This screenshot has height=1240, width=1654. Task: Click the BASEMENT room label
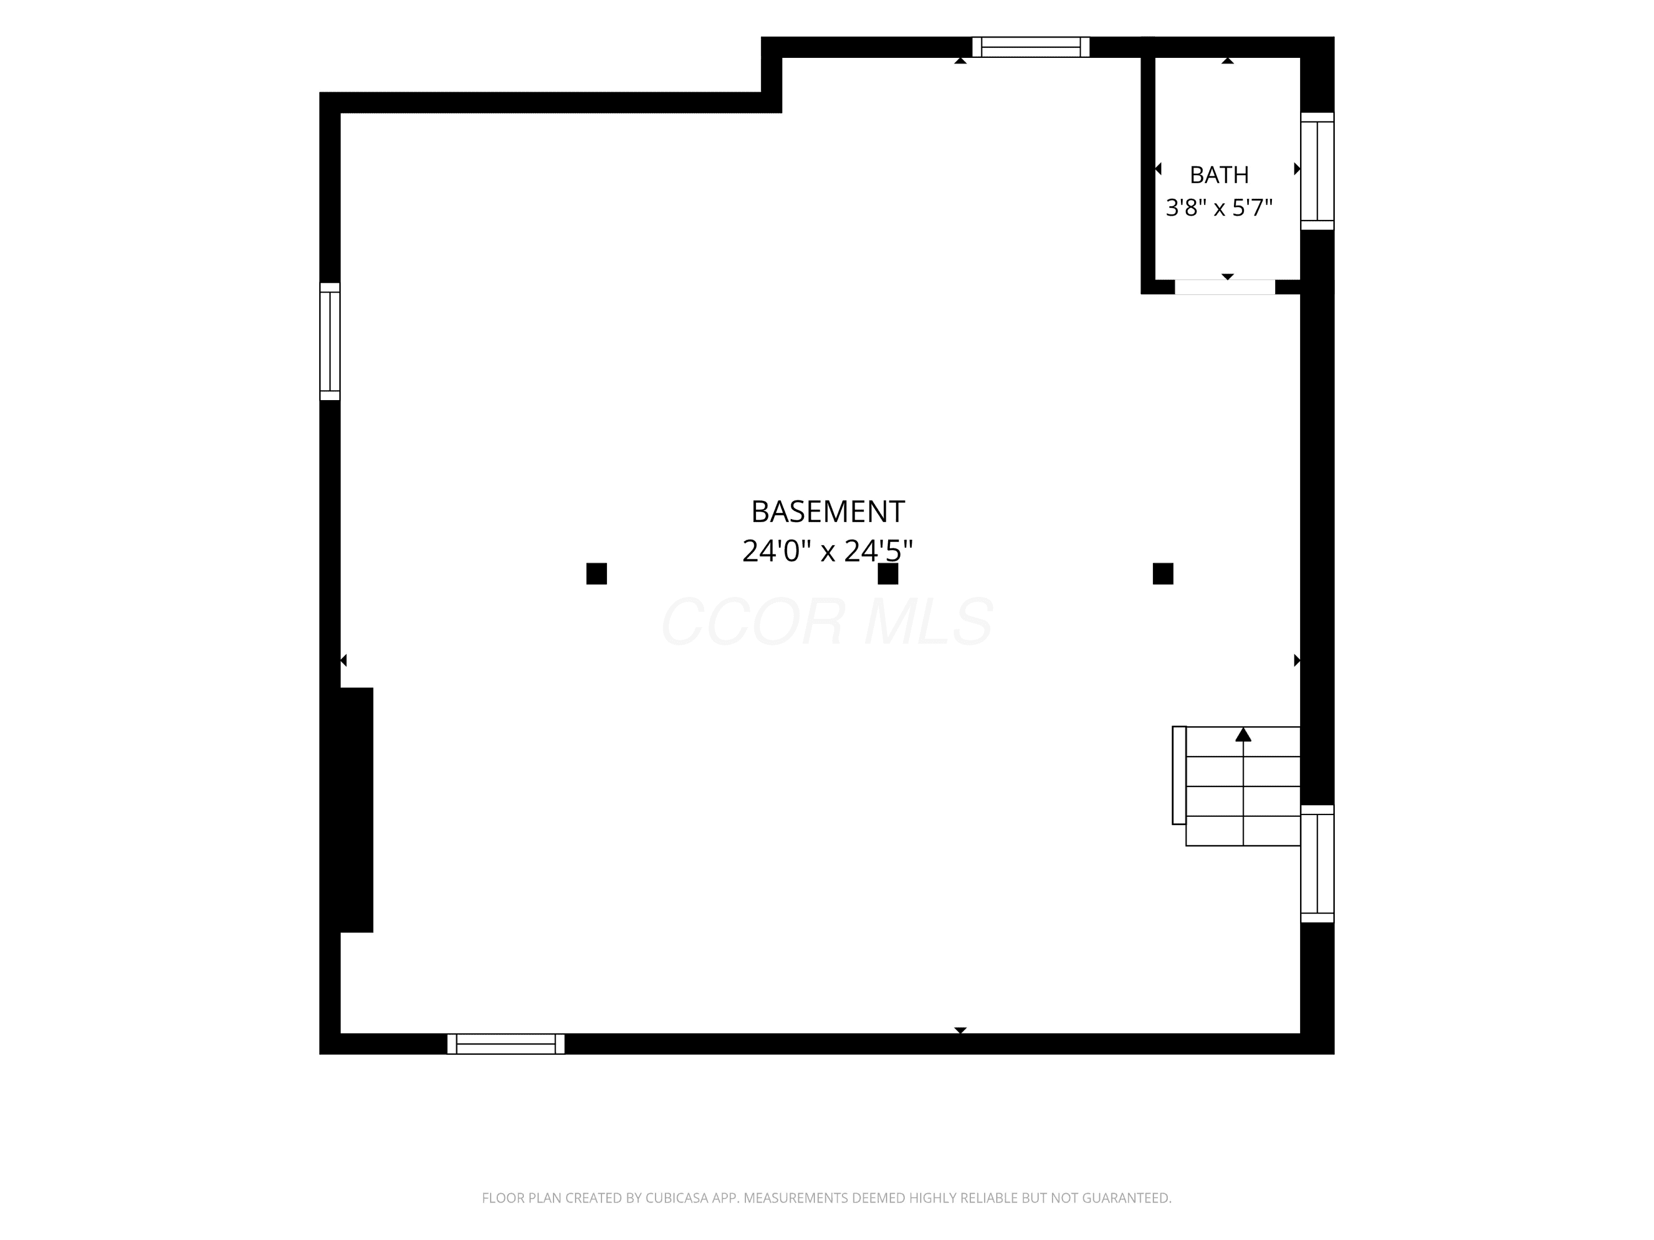coord(828,512)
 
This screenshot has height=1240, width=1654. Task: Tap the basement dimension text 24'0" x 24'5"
coord(828,552)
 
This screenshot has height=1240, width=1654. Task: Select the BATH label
coord(1219,175)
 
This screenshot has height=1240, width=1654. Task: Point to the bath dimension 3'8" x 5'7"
coord(1219,208)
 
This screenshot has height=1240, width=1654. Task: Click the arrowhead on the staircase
coord(1243,735)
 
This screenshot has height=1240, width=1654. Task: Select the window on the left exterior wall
coord(330,342)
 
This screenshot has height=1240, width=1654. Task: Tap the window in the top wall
coord(1030,47)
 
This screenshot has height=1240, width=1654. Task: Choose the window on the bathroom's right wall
coord(1318,171)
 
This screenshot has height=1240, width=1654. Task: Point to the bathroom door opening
coord(1225,287)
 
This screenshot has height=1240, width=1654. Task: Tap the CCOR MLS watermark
coord(827,622)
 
